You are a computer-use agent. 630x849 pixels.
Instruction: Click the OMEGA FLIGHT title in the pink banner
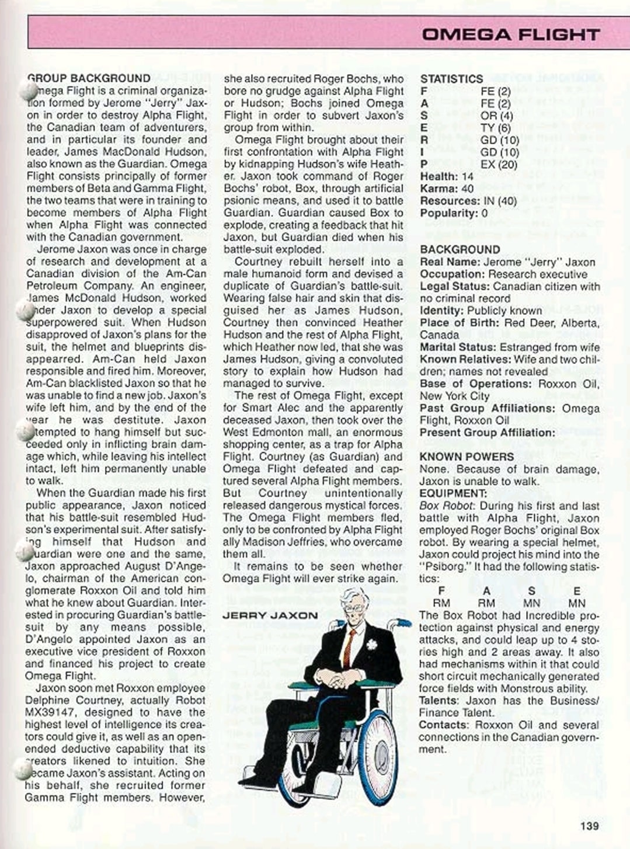point(510,34)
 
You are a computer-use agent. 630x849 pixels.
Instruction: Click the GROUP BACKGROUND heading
point(89,78)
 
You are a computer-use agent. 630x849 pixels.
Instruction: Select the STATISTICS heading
point(451,79)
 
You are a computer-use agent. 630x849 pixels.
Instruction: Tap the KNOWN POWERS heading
point(467,457)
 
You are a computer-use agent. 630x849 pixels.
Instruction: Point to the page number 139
point(590,826)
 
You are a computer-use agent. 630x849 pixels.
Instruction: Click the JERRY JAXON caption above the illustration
point(270,615)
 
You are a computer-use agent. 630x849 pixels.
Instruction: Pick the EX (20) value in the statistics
point(499,165)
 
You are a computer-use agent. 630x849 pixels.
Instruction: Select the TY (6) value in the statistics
point(496,128)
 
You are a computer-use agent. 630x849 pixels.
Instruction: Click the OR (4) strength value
point(497,116)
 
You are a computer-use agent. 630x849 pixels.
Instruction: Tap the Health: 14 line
point(447,176)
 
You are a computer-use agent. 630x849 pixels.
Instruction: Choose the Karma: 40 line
point(447,189)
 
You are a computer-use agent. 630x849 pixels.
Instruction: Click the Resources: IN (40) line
point(468,201)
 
